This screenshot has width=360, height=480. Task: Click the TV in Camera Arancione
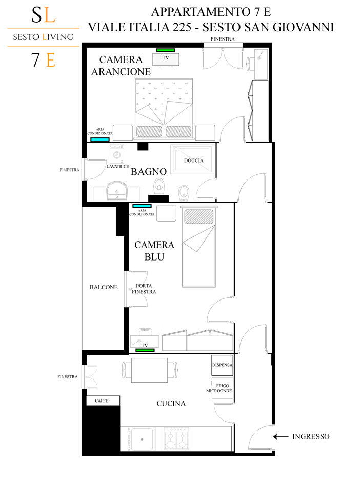[166, 59]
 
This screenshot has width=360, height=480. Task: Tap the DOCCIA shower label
[193, 161]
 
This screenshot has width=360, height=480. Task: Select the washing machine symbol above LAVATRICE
[117, 154]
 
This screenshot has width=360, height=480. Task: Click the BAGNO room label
[149, 171]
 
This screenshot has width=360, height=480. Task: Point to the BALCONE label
[104, 287]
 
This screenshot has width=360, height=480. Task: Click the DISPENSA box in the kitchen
[222, 365]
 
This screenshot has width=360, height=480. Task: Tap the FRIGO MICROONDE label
[219, 388]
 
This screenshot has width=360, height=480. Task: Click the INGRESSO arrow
[281, 437]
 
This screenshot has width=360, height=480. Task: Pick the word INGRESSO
[311, 437]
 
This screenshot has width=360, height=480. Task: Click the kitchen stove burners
[176, 438]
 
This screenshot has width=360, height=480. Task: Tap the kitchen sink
[142, 439]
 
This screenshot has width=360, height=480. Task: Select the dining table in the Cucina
[149, 370]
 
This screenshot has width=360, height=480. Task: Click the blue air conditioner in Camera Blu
[142, 206]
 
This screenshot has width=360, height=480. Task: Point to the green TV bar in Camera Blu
[145, 350]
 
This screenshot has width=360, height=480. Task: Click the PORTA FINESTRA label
[144, 289]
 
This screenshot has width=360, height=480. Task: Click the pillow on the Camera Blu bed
[198, 217]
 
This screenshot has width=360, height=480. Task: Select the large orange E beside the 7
[51, 60]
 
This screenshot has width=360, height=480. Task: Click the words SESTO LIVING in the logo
[44, 37]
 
